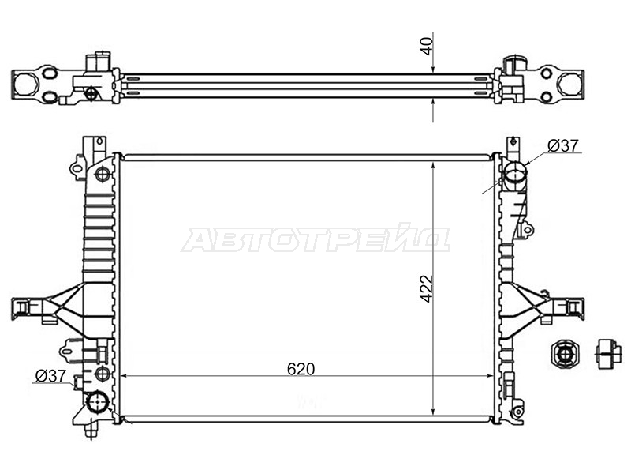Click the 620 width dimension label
pyautogui.click(x=301, y=368)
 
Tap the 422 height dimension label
pyautogui.click(x=426, y=288)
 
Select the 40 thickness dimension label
pyautogui.click(x=426, y=46)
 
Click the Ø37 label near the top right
pyautogui.click(x=563, y=145)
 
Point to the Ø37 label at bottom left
pyautogui.click(x=50, y=376)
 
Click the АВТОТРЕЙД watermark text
pyautogui.click(x=315, y=239)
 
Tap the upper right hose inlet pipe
pyautogui.click(x=515, y=175)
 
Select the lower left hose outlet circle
pyautogui.click(x=98, y=402)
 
